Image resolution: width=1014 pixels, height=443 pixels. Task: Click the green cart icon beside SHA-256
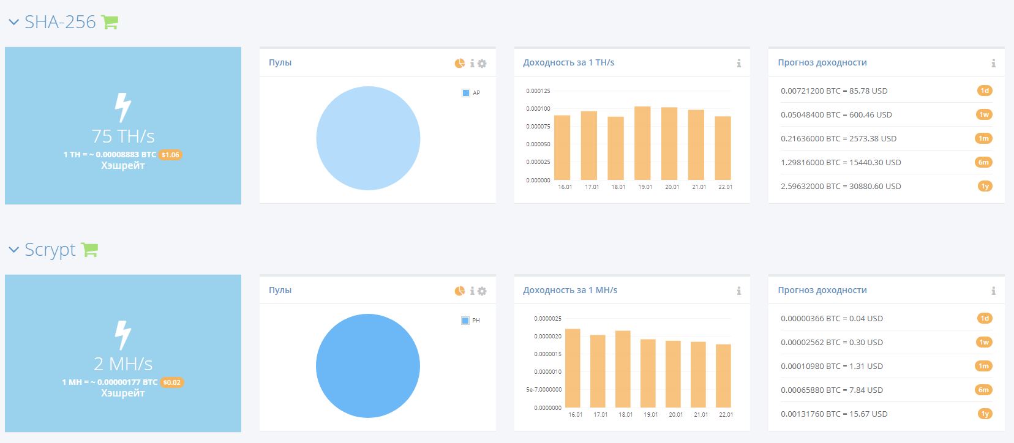point(110,21)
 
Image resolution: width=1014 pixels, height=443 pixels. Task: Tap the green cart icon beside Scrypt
point(89,249)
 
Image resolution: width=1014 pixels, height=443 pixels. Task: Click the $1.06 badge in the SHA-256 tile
point(170,155)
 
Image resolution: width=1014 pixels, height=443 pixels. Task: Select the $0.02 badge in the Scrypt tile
point(172,382)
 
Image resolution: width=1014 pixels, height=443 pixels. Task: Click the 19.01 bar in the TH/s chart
point(642,143)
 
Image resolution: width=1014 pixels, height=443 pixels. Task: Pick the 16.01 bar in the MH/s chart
point(573,368)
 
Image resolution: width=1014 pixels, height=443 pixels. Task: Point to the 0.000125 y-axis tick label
point(538,91)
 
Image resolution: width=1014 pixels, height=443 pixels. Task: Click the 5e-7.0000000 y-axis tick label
point(544,390)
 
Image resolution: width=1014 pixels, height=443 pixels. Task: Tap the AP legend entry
point(471,93)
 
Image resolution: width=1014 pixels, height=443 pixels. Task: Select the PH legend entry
point(471,321)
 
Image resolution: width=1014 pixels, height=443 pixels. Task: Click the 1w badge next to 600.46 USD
point(984,114)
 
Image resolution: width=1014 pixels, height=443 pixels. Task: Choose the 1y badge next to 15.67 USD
point(985,414)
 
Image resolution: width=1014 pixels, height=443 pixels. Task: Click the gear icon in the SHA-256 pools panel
point(482,64)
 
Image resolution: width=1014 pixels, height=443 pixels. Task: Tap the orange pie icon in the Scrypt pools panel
point(459,291)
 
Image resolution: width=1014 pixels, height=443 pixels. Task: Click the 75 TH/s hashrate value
point(123,136)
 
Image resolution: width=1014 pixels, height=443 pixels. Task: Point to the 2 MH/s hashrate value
point(123,363)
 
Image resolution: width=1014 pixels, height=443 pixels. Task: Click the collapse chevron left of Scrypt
point(14,249)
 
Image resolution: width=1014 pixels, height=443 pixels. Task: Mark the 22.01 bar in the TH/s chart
point(723,148)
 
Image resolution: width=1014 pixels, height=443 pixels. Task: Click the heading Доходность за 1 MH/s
point(570,290)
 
